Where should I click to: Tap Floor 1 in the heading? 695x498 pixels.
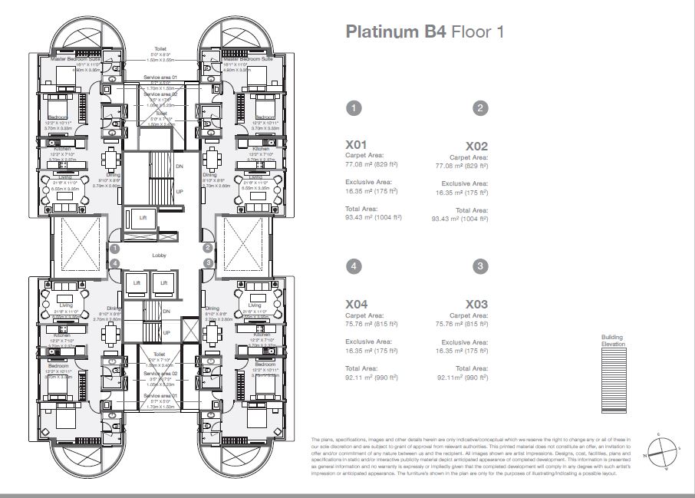coord(477,32)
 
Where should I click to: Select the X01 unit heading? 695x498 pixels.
coord(357,143)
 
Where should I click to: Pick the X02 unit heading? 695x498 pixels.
coord(476,146)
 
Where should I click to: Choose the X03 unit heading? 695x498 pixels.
coord(476,305)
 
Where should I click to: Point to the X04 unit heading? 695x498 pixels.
coord(357,305)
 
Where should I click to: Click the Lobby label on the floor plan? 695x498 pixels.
coord(160,256)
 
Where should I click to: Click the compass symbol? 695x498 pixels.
coord(663,448)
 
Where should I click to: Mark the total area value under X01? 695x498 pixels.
coord(374,218)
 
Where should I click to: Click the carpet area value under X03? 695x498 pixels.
coord(458,324)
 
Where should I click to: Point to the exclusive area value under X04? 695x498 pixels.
coord(371,350)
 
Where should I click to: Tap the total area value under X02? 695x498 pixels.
coord(459,219)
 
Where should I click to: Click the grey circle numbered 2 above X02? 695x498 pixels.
coord(479,108)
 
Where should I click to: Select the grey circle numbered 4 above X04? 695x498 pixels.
coord(354,266)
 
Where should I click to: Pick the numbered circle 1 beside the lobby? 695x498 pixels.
coord(114,249)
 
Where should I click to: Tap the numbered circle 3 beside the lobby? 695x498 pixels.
coord(208,262)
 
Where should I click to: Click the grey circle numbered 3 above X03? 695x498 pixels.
coord(479,266)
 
